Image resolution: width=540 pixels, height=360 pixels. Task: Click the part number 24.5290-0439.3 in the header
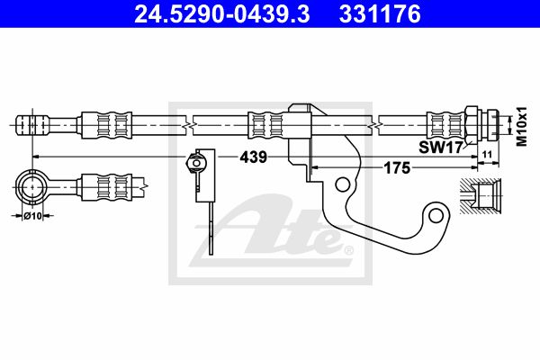coord(221,14)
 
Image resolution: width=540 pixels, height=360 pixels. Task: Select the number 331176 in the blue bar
coord(380,14)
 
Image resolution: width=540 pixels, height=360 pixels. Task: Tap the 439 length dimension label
coord(254,157)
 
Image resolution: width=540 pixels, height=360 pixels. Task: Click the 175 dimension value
coord(397,168)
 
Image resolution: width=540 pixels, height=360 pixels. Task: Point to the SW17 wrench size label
coord(440,148)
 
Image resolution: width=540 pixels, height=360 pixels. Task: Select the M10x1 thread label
coord(523,126)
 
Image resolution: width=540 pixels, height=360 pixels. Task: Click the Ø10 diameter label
coord(32,216)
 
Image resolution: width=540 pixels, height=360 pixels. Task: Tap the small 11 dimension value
coord(487,154)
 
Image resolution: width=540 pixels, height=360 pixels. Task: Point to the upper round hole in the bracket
coord(342,184)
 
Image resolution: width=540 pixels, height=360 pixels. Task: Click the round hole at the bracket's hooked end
coord(436,216)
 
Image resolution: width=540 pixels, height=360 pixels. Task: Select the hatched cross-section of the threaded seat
coord(481,195)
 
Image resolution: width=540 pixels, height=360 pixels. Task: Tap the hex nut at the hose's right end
coord(472,125)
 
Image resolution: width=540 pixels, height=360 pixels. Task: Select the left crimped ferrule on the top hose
coord(106,125)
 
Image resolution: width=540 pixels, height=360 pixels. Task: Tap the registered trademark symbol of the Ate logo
coord(349,250)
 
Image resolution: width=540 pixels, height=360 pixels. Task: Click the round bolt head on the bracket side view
coord(196,162)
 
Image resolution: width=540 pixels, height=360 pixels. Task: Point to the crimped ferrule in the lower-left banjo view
coord(106,187)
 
